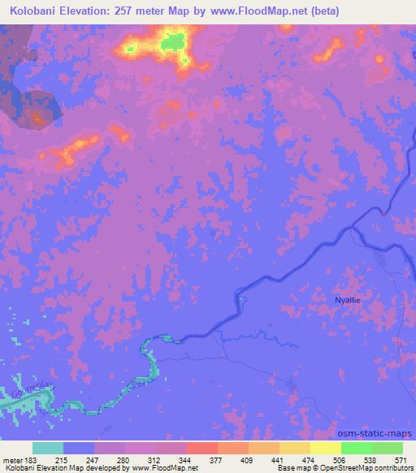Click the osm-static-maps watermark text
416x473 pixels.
point(375,434)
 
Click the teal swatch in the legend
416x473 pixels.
point(48,448)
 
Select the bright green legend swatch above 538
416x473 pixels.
point(356,448)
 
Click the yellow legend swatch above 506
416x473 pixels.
point(326,448)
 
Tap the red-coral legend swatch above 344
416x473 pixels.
point(201,448)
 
